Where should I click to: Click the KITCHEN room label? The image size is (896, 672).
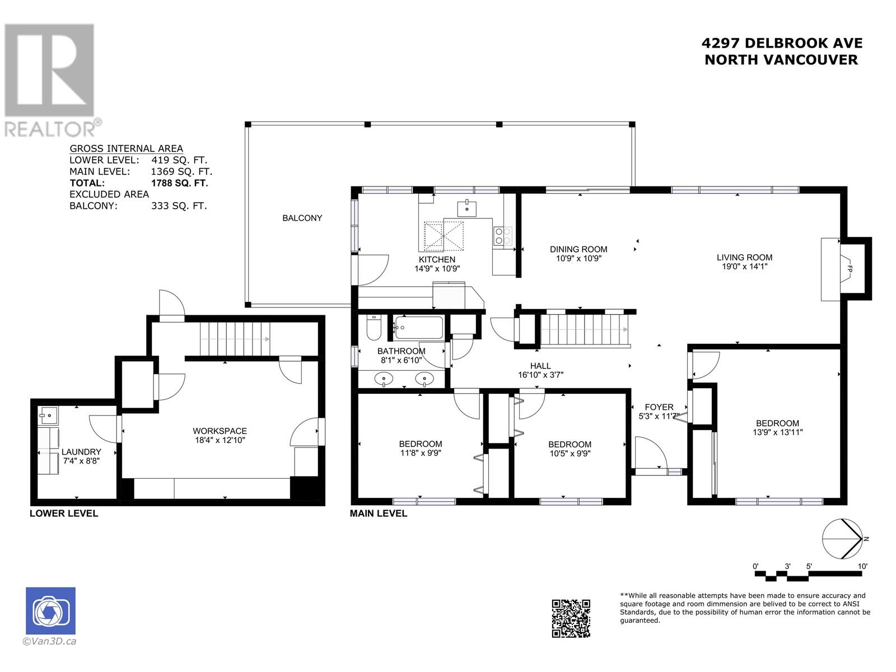tap(437, 259)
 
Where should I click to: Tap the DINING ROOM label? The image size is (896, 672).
tap(578, 249)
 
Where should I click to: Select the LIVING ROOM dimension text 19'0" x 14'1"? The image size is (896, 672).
tap(744, 267)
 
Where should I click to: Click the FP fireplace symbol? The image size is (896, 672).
tap(849, 269)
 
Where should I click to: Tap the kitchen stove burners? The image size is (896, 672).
tap(502, 236)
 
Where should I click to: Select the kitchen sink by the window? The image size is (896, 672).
tap(467, 208)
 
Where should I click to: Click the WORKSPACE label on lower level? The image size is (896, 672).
tap(220, 431)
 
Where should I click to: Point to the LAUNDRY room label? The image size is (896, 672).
tap(81, 451)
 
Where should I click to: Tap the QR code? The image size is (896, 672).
tap(571, 618)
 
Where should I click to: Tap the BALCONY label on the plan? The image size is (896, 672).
tap(302, 218)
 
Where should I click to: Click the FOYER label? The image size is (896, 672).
tap(659, 407)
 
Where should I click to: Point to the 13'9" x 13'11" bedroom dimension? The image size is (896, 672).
tap(777, 432)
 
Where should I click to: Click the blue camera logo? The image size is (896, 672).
tap(50, 611)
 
